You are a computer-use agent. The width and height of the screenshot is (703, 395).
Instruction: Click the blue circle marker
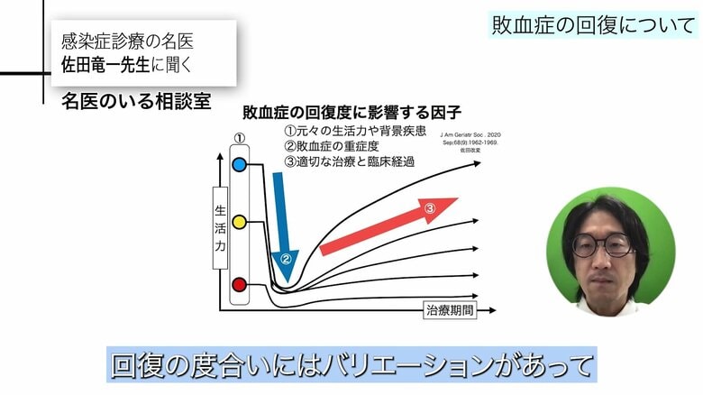click(x=240, y=165)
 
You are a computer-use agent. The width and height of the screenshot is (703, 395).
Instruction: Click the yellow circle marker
click(x=240, y=221)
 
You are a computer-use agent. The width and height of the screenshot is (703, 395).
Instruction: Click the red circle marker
click(x=240, y=285)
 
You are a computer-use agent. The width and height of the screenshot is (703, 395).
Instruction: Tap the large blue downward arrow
click(x=283, y=221)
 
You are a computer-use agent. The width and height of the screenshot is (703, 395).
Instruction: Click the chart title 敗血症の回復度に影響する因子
click(x=352, y=114)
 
